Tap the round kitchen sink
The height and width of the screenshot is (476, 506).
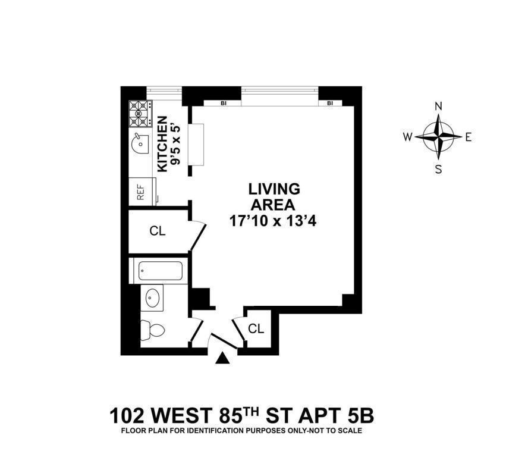tap(139, 143)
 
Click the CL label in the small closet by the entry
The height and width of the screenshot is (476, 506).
tap(255, 328)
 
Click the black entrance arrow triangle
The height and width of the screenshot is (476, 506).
tap(222, 358)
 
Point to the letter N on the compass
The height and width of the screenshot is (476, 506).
tap(439, 107)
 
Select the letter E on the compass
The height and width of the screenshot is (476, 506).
tap(468, 137)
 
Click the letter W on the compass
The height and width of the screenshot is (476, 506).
tap(408, 137)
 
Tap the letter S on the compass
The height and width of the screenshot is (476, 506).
tap(439, 168)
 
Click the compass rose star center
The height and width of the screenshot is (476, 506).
tap(439, 136)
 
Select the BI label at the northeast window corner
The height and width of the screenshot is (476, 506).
tap(329, 103)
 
